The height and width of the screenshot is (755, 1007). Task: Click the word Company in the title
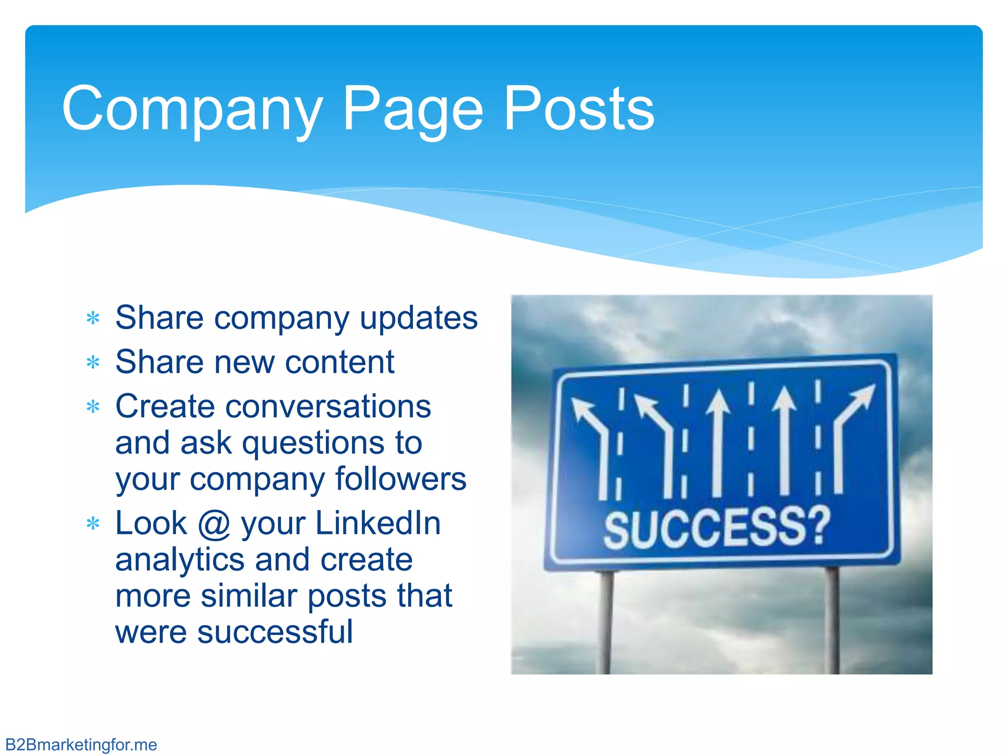[192, 109]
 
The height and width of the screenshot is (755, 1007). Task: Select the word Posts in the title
[579, 109]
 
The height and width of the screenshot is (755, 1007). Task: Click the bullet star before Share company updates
[93, 319]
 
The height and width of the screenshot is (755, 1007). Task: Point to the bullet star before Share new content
[93, 363]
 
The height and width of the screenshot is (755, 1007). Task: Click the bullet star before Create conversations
[93, 407]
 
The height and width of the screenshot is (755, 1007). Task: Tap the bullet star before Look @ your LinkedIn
[93, 523]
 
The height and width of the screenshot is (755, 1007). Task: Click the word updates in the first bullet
[418, 319]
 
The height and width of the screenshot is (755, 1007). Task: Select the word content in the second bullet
[340, 363]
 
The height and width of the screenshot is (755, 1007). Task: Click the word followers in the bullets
[400, 479]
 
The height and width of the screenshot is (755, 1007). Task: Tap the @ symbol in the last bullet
[214, 523]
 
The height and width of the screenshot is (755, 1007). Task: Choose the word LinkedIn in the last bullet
[378, 523]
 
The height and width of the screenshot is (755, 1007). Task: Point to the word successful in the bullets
[275, 632]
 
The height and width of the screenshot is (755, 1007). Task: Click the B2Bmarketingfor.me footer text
[81, 745]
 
